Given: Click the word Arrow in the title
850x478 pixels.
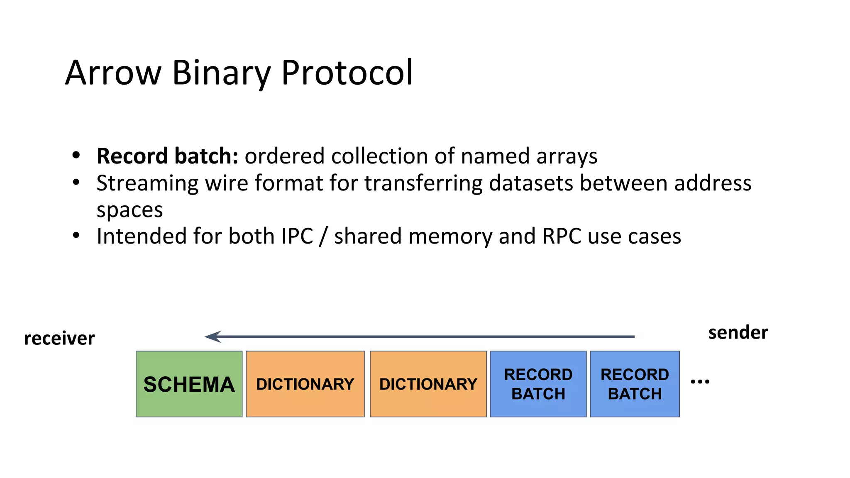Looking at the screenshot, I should [113, 73].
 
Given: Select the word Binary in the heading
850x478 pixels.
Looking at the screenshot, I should [221, 73].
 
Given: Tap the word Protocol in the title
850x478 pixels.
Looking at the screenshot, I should [347, 73].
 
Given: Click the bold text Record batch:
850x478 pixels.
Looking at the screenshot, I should [167, 156].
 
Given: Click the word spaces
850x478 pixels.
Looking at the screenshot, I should [129, 210].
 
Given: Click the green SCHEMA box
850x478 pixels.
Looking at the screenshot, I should [189, 384].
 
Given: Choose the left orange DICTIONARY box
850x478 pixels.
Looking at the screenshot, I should [305, 384].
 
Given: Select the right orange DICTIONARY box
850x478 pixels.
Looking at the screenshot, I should [428, 384].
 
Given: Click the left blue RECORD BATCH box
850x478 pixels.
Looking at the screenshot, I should [538, 384].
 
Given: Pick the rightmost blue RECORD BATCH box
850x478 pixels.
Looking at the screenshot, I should [635, 384].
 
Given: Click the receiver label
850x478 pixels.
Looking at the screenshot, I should [59, 339].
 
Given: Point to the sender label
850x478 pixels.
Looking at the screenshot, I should [738, 333].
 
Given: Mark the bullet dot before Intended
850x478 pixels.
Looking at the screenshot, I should [76, 235].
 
